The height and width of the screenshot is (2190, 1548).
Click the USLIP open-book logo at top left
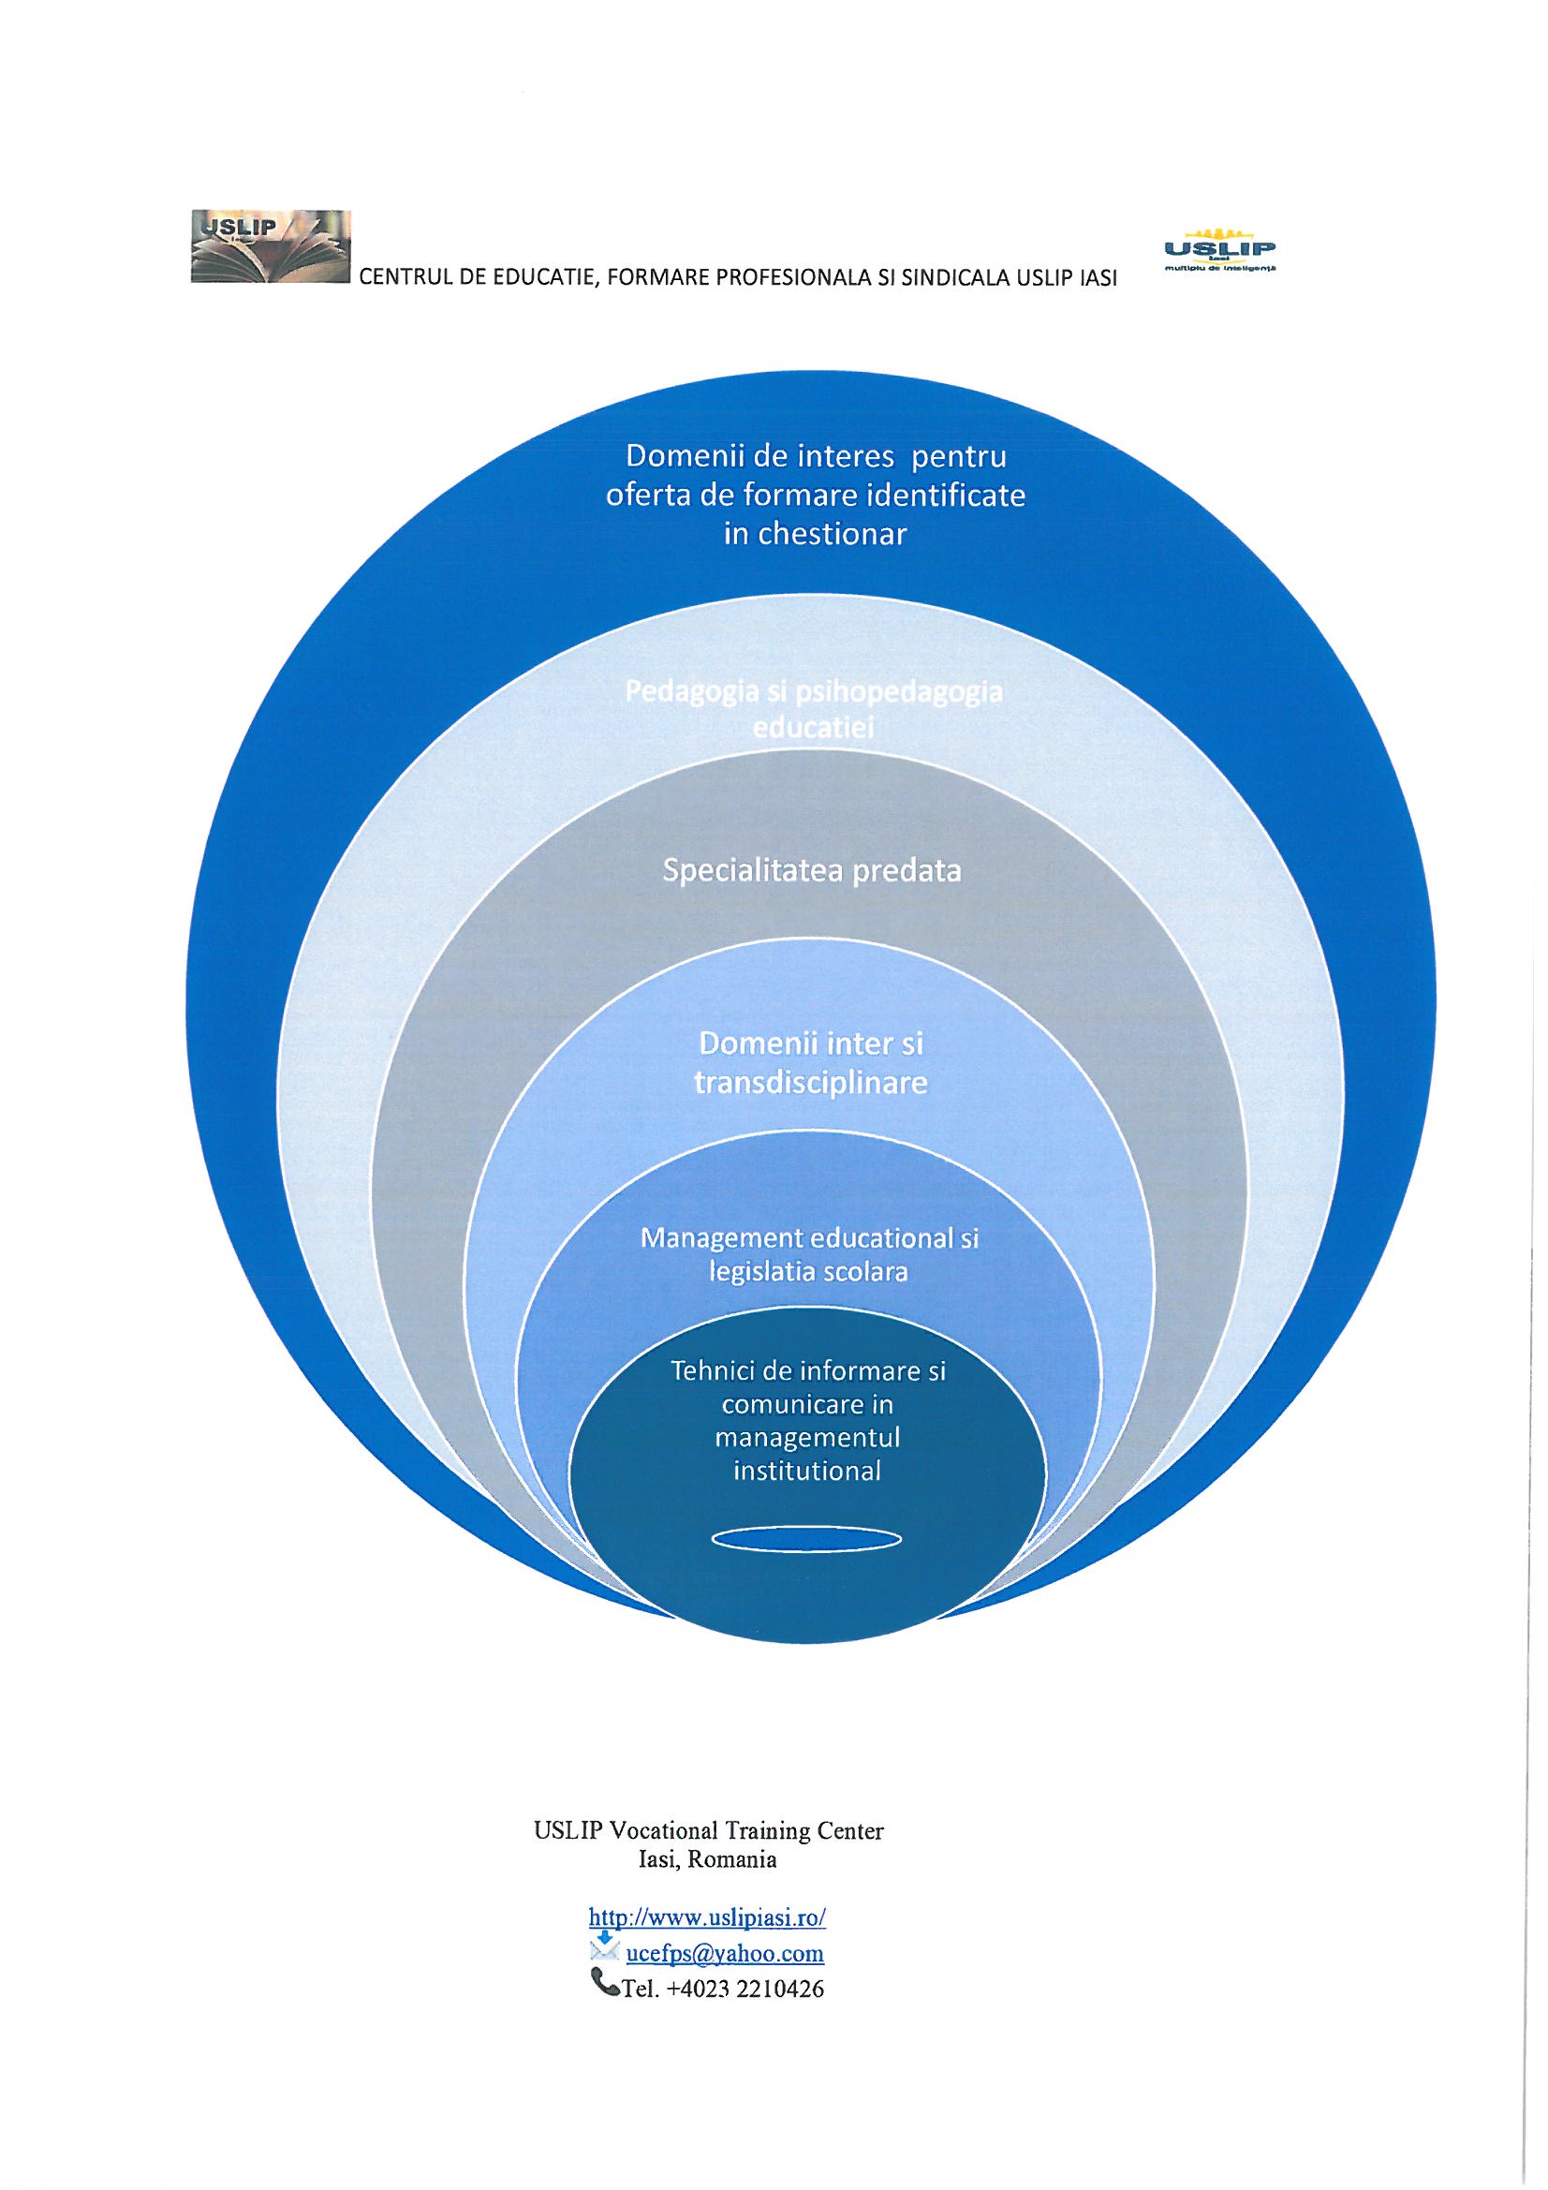[271, 247]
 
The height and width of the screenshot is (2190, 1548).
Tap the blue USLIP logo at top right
[1221, 252]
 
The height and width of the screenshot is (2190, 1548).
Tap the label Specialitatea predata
[812, 872]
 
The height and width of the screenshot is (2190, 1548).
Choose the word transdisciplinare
[812, 1084]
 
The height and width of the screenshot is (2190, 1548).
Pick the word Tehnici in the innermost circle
[708, 1370]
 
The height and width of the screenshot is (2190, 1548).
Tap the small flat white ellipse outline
[807, 1537]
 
